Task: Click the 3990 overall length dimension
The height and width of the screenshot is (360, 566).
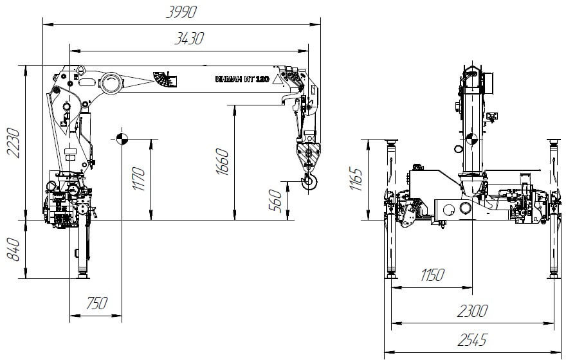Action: pyautogui.click(x=181, y=12)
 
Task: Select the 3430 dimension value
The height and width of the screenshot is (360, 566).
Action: pyautogui.click(x=189, y=38)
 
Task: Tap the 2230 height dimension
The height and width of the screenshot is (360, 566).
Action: pyautogui.click(x=14, y=143)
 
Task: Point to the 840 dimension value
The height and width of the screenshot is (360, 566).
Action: pyautogui.click(x=14, y=249)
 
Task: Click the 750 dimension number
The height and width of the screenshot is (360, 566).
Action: pyautogui.click(x=96, y=303)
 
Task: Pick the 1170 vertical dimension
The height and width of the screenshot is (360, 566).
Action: pyautogui.click(x=138, y=179)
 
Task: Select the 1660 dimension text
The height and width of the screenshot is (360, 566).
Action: pyautogui.click(x=223, y=161)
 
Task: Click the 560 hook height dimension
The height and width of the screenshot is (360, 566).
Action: pyautogui.click(x=275, y=201)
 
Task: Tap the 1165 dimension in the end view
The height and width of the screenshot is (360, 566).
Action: pyautogui.click(x=356, y=179)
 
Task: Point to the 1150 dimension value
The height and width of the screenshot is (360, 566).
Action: pyautogui.click(x=432, y=275)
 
